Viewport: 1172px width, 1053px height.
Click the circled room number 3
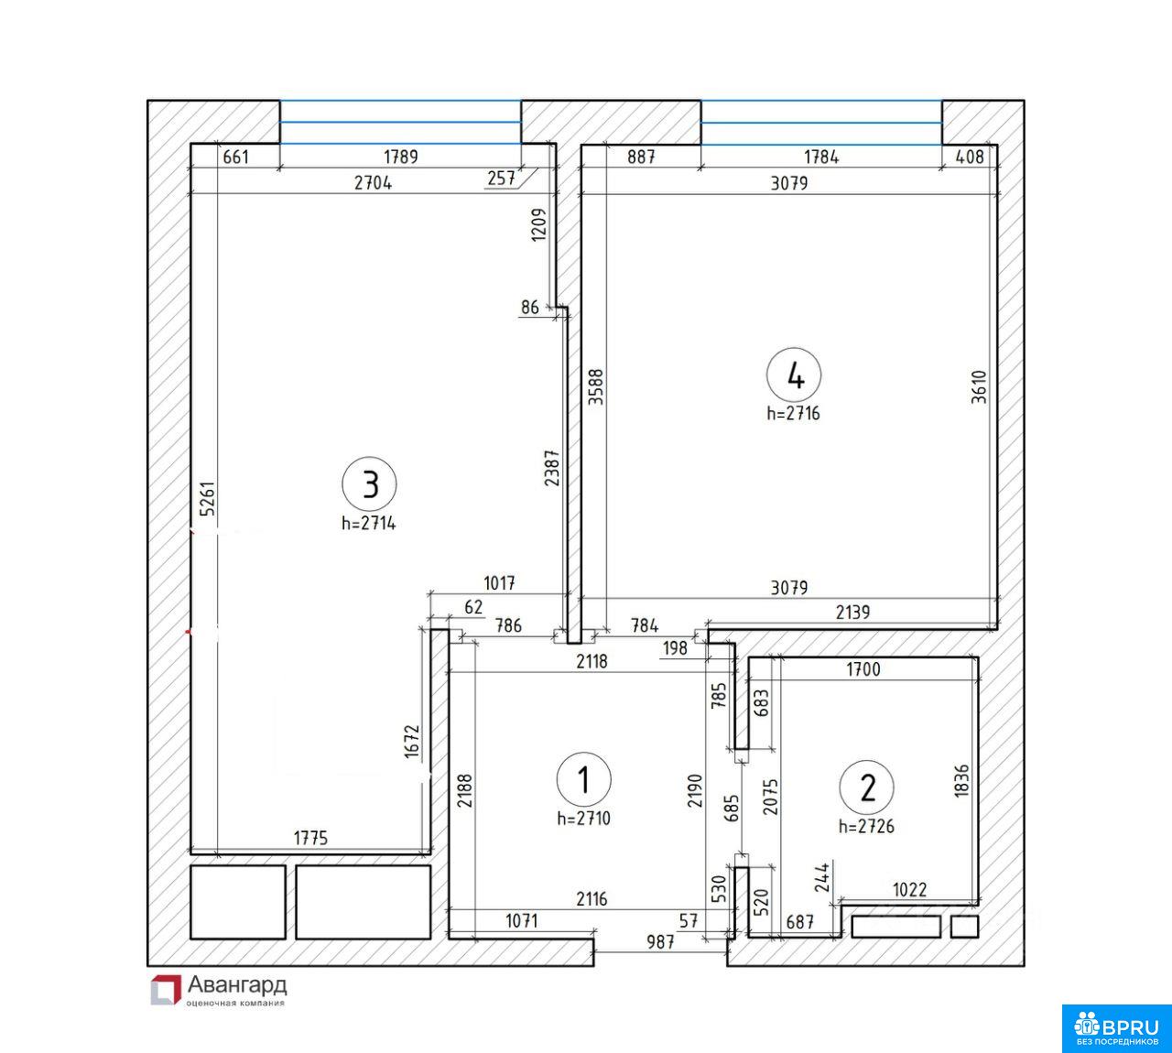click(369, 484)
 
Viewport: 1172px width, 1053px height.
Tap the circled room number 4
click(794, 375)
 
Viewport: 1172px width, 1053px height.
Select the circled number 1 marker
click(583, 779)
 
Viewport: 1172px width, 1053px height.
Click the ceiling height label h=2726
click(866, 826)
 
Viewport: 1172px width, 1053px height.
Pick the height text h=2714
click(368, 524)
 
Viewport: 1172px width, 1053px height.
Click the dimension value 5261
click(207, 498)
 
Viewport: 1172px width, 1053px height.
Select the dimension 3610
click(978, 386)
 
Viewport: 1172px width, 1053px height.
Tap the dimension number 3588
click(596, 386)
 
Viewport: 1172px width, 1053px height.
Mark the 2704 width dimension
click(374, 183)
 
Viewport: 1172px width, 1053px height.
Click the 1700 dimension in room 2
click(863, 669)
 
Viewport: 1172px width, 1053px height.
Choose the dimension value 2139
click(852, 612)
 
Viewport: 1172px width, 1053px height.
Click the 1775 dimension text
click(310, 837)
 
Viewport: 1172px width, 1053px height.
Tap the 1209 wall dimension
click(538, 224)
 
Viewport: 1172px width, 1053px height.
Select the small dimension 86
click(530, 308)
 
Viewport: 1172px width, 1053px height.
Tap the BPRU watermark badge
click(1116, 1028)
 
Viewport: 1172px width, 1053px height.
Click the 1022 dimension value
click(910, 889)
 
